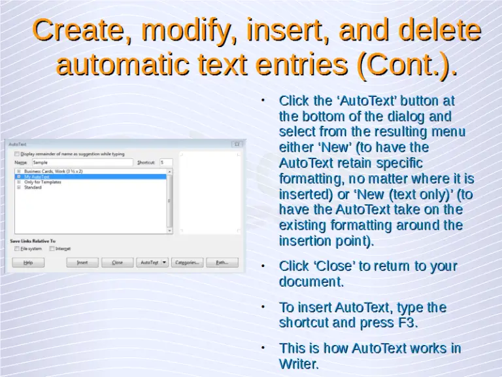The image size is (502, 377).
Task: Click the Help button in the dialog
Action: [28, 262]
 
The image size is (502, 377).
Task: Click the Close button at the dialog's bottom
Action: [117, 262]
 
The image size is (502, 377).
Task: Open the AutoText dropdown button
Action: [152, 262]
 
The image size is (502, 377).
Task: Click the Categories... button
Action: [186, 262]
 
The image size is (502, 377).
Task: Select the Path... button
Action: [222, 262]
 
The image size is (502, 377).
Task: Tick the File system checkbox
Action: [17, 249]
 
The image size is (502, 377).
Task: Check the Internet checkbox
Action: [52, 249]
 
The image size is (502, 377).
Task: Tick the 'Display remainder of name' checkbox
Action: [17, 154]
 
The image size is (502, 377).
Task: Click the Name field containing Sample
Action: [82, 162]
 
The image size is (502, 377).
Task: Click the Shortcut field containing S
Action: [165, 162]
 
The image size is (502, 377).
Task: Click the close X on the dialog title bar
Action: [236, 145]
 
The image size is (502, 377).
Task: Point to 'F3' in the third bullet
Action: [405, 323]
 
